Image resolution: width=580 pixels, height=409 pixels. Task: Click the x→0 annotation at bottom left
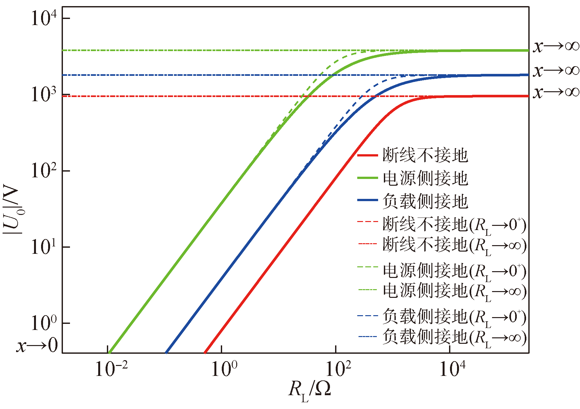pyautogui.click(x=37, y=346)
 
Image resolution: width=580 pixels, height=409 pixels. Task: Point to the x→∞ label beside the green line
pyautogui.click(x=556, y=46)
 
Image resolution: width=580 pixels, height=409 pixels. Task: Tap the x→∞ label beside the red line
pyautogui.click(x=556, y=92)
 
